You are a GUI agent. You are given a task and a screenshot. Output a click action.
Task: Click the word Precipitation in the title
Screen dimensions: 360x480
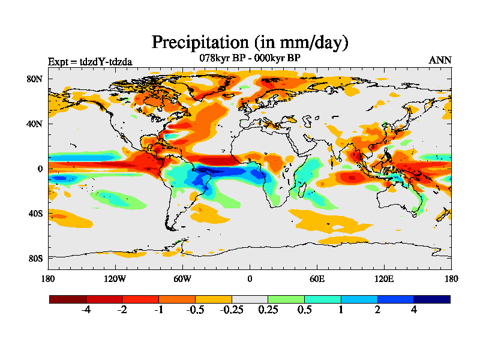(x=199, y=43)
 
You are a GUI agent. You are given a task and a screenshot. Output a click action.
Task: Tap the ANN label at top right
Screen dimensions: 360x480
(x=440, y=60)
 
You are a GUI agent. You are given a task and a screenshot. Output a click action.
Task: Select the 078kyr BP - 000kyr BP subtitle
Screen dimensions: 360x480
(x=250, y=58)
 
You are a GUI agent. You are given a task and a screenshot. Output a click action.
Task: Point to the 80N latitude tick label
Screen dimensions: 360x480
(x=35, y=79)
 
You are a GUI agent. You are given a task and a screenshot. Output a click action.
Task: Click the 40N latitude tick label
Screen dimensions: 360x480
(x=35, y=124)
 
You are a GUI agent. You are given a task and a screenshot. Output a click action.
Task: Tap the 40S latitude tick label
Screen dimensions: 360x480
(x=35, y=214)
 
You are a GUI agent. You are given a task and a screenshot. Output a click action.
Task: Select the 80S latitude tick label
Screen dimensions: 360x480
(x=35, y=258)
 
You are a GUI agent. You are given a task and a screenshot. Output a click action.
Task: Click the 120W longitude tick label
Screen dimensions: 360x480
(x=115, y=278)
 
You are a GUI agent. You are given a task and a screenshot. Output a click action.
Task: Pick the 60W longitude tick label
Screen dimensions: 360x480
(x=182, y=278)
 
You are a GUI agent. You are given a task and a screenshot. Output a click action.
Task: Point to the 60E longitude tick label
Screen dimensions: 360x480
(x=317, y=278)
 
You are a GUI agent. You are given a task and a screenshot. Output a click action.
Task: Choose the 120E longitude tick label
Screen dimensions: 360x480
(x=384, y=278)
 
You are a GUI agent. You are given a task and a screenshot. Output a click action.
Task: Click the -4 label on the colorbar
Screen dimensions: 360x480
(x=86, y=310)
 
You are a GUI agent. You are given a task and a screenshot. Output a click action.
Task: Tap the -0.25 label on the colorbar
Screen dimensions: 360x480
(x=232, y=310)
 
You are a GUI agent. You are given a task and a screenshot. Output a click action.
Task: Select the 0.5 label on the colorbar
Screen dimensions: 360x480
(x=304, y=310)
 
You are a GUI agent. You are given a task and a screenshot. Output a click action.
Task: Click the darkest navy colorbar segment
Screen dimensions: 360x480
(x=431, y=299)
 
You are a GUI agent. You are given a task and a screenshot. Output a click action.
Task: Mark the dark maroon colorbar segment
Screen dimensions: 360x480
(x=68, y=299)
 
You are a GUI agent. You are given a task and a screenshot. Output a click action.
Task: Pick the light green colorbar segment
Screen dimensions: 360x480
(x=286, y=299)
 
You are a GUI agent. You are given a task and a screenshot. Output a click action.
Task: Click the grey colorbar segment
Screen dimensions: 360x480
(x=250, y=299)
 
